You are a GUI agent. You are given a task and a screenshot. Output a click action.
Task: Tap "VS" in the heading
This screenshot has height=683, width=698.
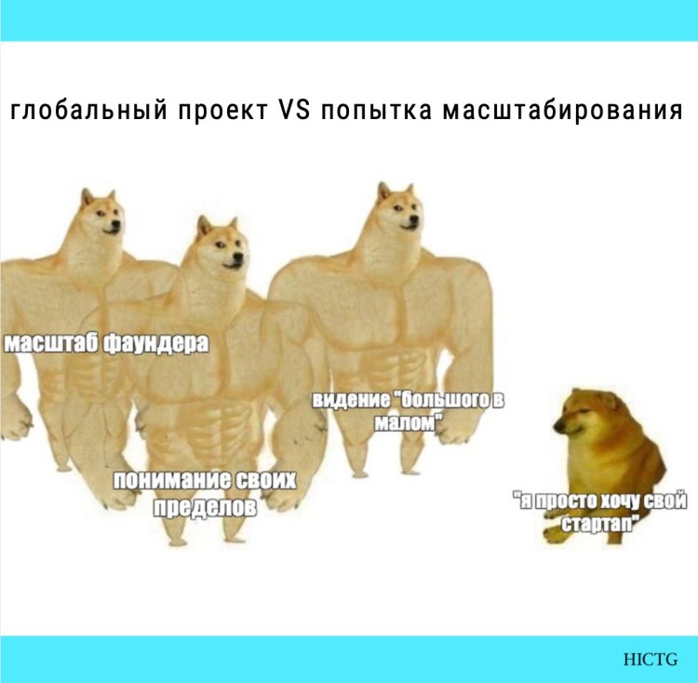tap(295, 112)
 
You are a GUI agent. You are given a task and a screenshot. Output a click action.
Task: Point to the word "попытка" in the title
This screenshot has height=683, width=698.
tap(373, 112)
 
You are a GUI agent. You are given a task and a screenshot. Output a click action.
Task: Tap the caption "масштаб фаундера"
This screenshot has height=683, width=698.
tap(106, 342)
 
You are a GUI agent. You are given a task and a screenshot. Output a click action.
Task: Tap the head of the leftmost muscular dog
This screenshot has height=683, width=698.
tap(101, 215)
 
